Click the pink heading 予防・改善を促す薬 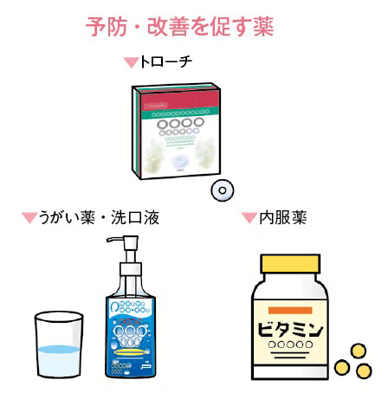pyautogui.click(x=179, y=27)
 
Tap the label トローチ pyautogui.click(x=165, y=61)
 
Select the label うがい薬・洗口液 pyautogui.click(x=99, y=217)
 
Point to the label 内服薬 pyautogui.click(x=283, y=217)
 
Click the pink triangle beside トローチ pyautogui.click(x=132, y=62)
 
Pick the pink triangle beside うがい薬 pyautogui.click(x=29, y=217)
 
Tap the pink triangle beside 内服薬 pyautogui.click(x=249, y=217)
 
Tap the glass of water pyautogui.click(x=59, y=344)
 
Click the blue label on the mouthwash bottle pyautogui.click(x=131, y=336)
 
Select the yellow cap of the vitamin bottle pyautogui.click(x=290, y=264)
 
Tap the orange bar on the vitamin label pyautogui.click(x=290, y=310)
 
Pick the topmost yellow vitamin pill pyautogui.click(x=359, y=351)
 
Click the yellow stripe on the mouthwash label pyautogui.click(x=132, y=352)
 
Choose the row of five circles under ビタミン pyautogui.click(x=290, y=344)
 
